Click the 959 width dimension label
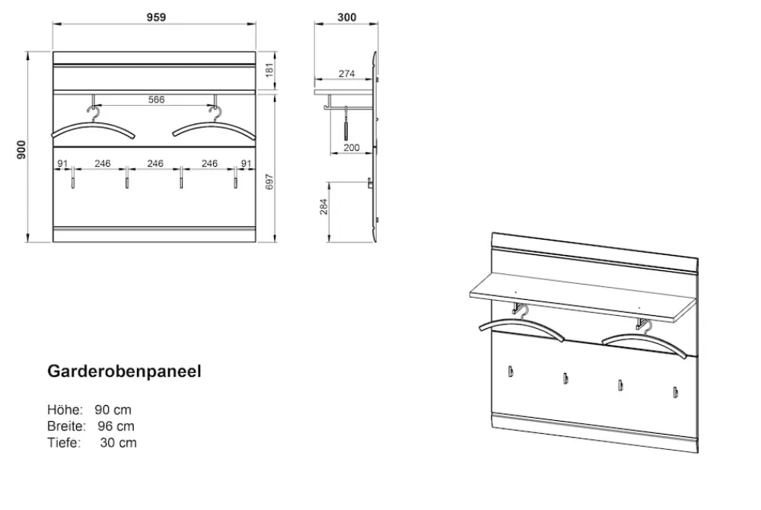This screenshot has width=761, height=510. pos(156,17)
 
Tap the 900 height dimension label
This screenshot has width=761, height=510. pos(21,149)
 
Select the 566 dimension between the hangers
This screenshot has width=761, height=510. pos(156,100)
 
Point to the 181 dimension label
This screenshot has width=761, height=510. pos(270,69)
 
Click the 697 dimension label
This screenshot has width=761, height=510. pos(270,181)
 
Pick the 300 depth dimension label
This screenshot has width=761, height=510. pos(346,17)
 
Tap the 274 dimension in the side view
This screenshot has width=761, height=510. pos(346,74)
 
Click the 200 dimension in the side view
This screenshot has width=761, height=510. pos(352,148)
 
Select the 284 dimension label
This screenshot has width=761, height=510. pos(323,207)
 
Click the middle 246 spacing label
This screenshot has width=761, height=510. pos(154,164)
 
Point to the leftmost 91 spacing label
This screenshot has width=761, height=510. pos(62,164)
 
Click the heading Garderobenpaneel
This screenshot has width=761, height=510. pos(124,371)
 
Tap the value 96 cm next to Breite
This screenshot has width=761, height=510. pos(116,426)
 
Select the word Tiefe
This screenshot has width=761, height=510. pos(64,442)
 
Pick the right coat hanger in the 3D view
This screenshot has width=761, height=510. pos(645,340)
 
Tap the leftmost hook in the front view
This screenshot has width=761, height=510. pos(73,178)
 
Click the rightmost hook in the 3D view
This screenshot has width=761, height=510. pos(674,392)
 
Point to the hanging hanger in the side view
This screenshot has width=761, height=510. pos(346,124)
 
